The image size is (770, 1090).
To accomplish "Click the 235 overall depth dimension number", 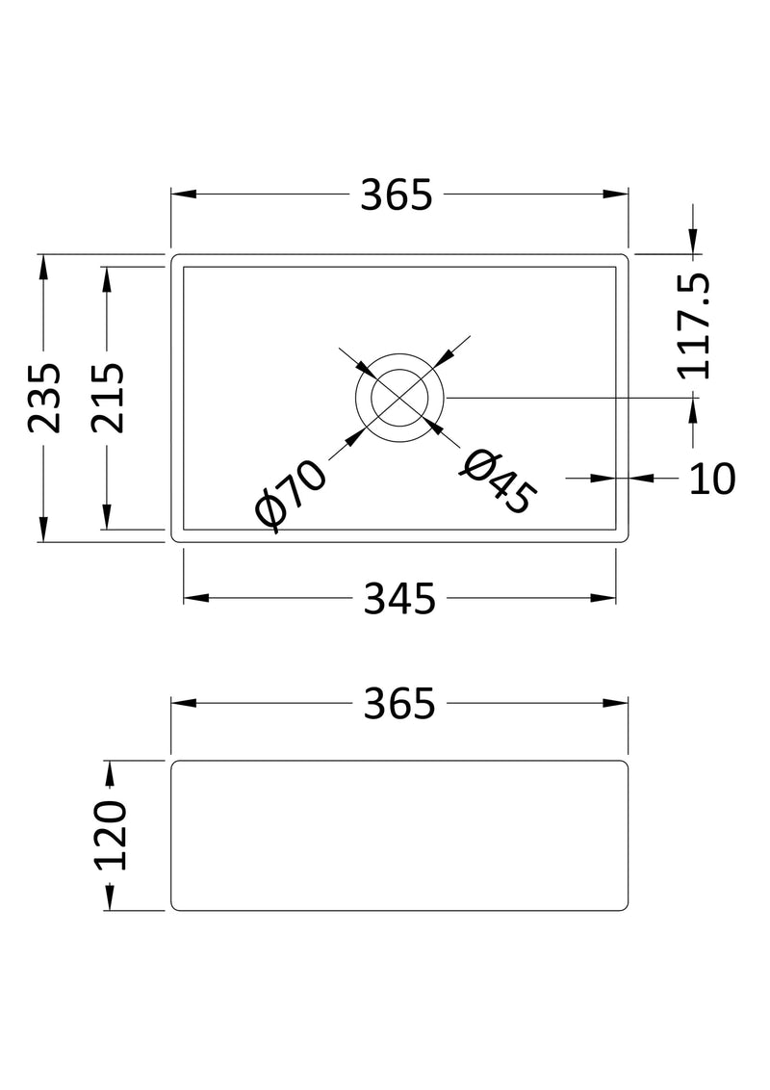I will coord(44,398).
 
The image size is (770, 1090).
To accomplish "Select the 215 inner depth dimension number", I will coord(108,398).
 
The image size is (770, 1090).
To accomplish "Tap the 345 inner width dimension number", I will coord(399,599).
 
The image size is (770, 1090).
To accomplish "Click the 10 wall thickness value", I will coord(712,478).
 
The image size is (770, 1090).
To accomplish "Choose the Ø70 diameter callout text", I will coord(291,493).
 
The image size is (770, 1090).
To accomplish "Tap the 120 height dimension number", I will coord(111,835).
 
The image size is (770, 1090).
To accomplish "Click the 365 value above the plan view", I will coord(397,195).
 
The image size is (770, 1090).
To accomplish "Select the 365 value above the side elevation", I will coord(399,704).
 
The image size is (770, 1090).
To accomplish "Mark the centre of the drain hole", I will coord(399,398).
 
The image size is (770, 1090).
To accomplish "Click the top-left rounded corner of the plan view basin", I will coord(175,258).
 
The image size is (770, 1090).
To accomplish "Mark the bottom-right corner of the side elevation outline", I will coord(625,907).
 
